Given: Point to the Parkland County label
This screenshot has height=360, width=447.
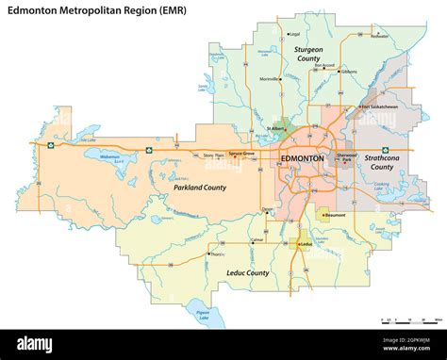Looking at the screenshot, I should (x=199, y=188).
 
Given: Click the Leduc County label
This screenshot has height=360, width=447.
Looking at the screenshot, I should (x=249, y=272).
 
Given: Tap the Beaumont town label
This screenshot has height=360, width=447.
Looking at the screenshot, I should (x=336, y=215).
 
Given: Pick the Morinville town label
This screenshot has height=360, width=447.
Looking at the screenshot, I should (x=269, y=79).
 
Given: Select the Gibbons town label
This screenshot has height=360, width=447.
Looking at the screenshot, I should (x=350, y=71).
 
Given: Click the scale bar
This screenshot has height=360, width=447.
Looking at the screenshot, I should (x=406, y=320).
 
